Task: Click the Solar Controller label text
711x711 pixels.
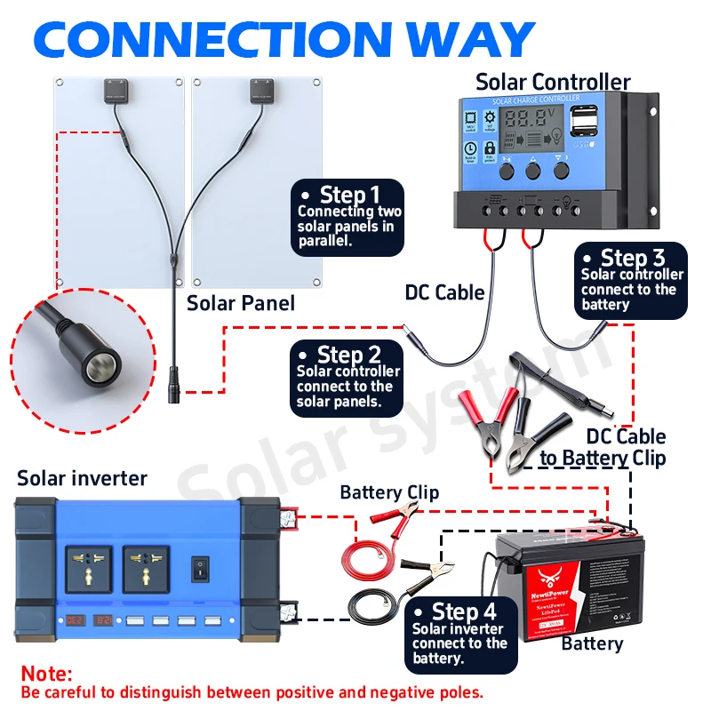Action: click(x=553, y=82)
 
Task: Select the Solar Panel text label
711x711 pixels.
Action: click(x=240, y=304)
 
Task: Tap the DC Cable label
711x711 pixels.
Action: click(x=444, y=292)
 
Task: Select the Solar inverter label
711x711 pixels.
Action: click(x=82, y=478)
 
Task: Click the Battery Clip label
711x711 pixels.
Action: click(x=388, y=492)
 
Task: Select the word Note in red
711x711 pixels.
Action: click(x=46, y=675)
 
